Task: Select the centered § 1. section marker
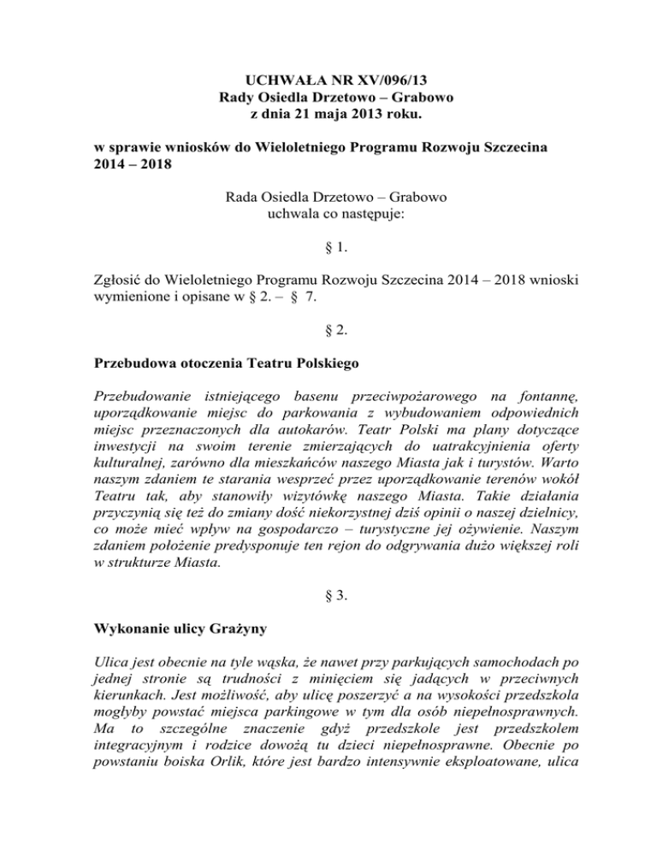click(x=329, y=250)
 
